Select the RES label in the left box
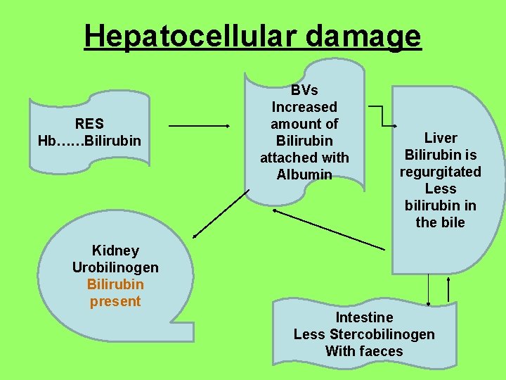[x=89, y=124]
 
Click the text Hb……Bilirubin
[x=89, y=141]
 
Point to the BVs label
[x=304, y=90]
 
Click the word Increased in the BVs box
[x=304, y=107]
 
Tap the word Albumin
[x=304, y=175]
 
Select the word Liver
[x=441, y=138]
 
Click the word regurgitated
[x=441, y=172]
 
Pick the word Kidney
[x=115, y=251]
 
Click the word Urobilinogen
[x=115, y=267]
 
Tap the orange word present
[x=115, y=301]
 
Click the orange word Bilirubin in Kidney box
[x=115, y=284]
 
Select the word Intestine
[x=364, y=317]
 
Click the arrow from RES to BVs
[x=200, y=126]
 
